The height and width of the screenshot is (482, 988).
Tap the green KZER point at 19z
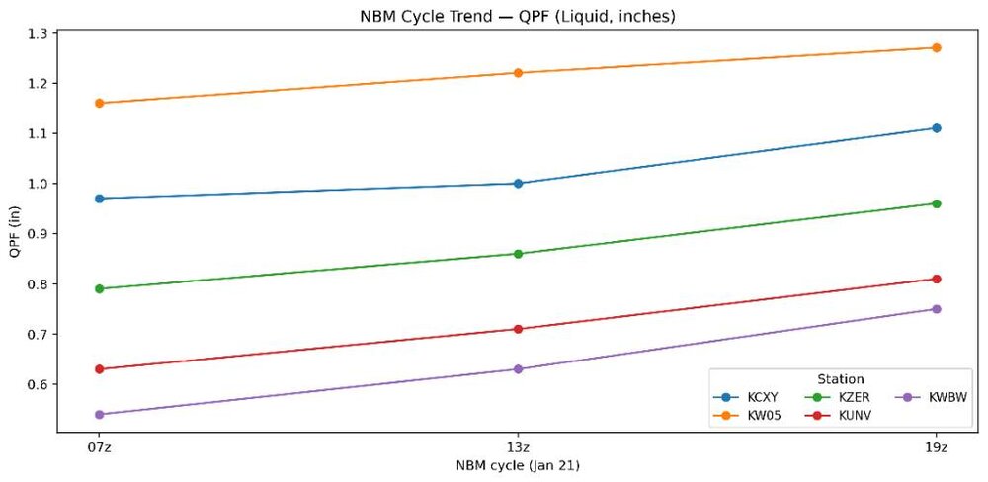tap(936, 203)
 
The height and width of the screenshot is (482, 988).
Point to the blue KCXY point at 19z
tap(936, 128)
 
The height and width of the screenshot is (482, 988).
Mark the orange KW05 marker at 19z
tap(936, 47)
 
